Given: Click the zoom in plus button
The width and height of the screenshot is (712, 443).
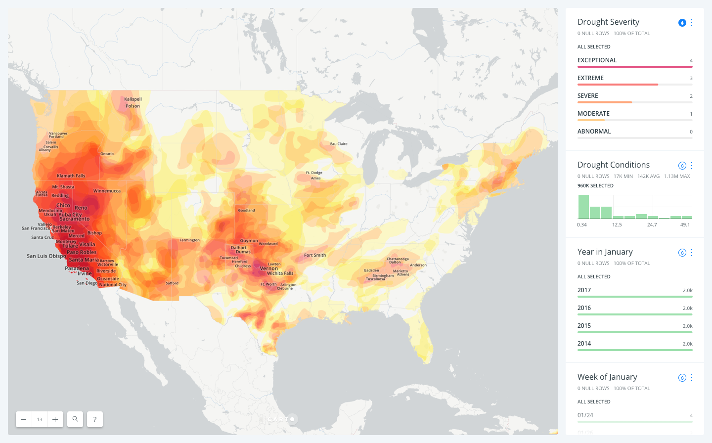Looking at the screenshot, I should coord(55,419).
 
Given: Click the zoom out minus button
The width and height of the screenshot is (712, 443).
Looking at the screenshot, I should coord(23,419).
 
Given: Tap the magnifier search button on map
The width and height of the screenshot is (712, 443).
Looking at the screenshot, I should coord(75,419).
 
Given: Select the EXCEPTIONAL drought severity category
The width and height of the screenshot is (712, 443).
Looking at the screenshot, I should coord(597,60).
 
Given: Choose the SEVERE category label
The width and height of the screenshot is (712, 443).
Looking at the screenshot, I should coord(588,96).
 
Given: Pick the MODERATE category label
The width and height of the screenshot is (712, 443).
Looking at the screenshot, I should coord(593,114).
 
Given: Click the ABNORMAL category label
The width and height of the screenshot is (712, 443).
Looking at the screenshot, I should coord(594,132).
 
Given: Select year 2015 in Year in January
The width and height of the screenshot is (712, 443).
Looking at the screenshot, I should coord(584,326).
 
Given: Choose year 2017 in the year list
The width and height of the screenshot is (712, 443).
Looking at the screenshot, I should coord(584,290).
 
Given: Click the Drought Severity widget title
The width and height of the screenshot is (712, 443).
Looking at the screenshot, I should coord(608,22).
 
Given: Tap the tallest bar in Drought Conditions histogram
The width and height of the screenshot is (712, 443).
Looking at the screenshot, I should coord(583,207).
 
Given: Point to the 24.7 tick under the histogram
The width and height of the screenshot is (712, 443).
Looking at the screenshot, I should coord(652,225).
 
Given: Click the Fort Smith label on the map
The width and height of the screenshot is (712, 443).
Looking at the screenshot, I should coord(315,255).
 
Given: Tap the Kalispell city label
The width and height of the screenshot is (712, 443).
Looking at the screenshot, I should coord(133,99).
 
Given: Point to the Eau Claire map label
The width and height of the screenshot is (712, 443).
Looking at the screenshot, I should coord(339,144).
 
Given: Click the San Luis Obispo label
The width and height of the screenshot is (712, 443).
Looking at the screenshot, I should coord(46,256).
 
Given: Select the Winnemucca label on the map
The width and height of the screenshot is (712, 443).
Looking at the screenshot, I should coord(107,191).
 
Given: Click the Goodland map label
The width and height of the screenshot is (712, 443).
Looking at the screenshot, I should coord(246,210).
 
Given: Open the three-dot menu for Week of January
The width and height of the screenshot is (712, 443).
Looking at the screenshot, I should coord(691,378).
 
